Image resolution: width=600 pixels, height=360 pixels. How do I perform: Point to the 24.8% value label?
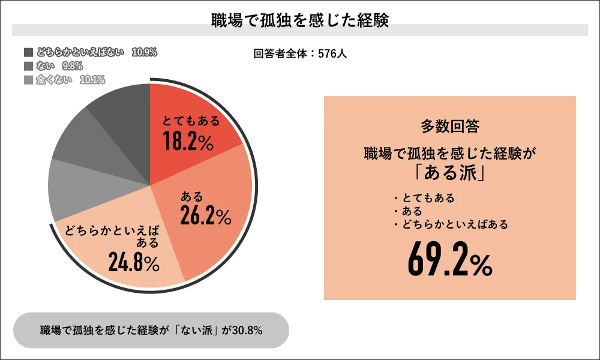(x=134, y=262)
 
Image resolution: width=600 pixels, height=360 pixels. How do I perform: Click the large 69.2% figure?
(x=450, y=259)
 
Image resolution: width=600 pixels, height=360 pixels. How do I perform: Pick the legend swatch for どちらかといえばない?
(x=29, y=52)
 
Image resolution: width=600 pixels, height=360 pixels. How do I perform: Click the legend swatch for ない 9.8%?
(x=29, y=66)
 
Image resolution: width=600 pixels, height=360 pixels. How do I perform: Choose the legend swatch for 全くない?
(x=29, y=80)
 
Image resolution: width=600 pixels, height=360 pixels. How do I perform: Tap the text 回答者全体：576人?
(x=301, y=53)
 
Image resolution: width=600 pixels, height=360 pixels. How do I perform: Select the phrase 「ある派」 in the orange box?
(x=449, y=173)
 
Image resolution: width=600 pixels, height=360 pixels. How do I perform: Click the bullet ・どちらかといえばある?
(x=451, y=224)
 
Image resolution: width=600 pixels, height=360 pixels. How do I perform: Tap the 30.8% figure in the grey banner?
(x=247, y=330)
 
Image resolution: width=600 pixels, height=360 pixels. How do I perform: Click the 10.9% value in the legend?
(x=144, y=52)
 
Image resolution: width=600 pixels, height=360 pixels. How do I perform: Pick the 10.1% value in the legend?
(x=92, y=80)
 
